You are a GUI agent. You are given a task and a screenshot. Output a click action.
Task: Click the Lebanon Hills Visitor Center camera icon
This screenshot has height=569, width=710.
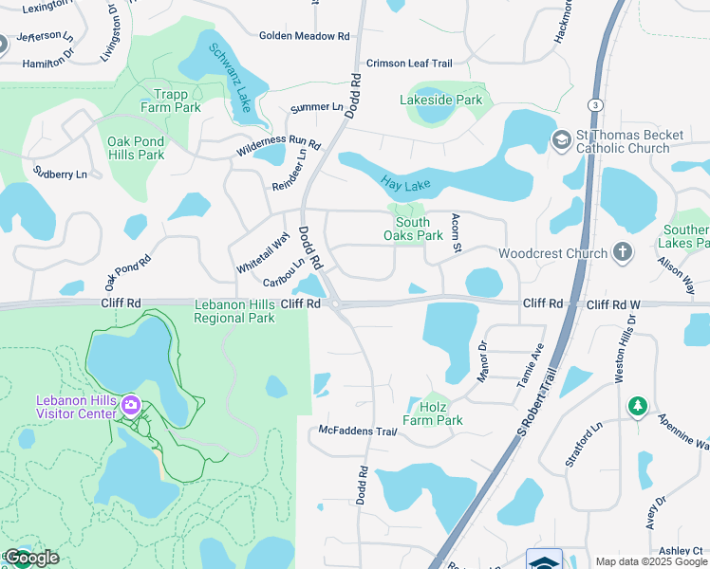(131, 407)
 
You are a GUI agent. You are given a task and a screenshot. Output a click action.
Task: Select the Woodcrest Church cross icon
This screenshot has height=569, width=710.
(623, 253)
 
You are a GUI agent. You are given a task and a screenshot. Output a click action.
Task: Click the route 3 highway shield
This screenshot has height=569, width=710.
(593, 103)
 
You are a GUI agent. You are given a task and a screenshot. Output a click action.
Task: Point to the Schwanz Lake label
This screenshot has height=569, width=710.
(229, 78)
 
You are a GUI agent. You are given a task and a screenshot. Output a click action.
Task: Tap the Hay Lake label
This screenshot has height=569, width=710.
(400, 183)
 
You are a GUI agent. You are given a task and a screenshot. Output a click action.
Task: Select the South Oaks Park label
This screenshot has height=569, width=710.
(413, 229)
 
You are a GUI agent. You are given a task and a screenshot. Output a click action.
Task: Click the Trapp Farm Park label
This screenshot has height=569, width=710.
(171, 101)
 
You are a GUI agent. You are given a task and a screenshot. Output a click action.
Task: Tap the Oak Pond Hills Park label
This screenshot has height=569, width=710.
(136, 148)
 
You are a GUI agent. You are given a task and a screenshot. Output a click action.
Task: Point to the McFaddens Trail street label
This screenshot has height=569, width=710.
(356, 431)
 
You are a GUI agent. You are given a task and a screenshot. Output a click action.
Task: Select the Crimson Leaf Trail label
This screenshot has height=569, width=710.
(409, 63)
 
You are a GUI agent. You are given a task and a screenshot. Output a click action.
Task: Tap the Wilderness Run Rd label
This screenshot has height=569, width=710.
(278, 145)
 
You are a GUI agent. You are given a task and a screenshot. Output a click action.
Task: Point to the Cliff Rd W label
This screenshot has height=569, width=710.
(614, 304)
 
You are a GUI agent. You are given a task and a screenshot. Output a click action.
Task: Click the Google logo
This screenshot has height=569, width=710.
(31, 558)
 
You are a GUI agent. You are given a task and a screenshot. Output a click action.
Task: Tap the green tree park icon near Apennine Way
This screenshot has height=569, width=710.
(638, 407)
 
